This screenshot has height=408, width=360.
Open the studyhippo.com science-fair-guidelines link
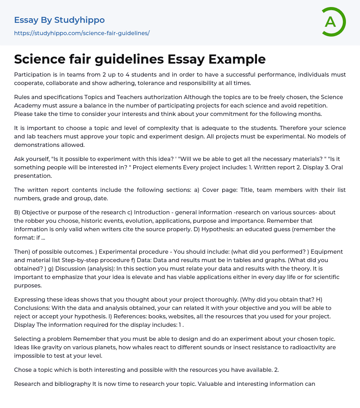click(82, 33)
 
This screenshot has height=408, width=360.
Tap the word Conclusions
click(32, 308)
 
